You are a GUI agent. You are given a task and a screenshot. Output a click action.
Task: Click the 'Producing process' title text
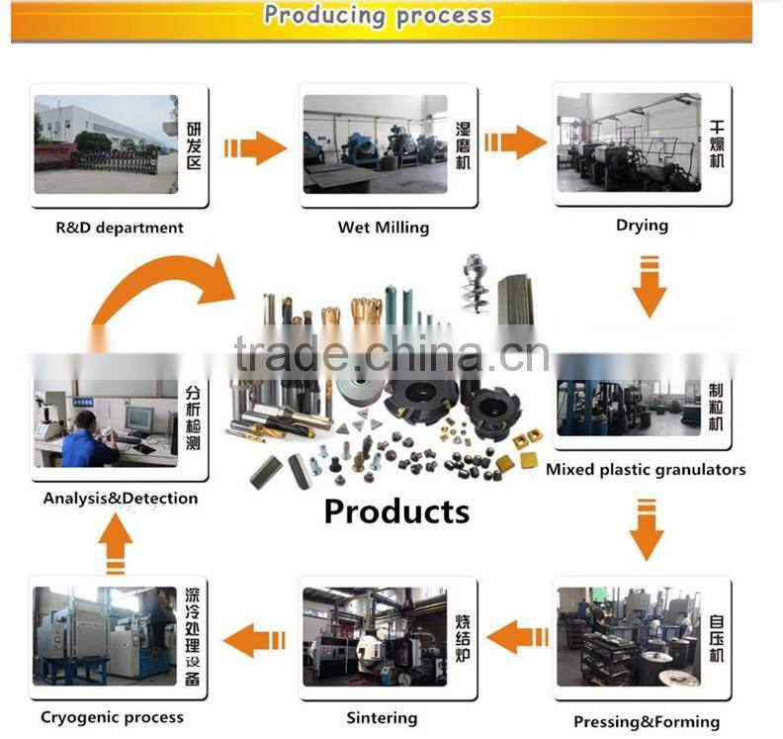click(x=378, y=16)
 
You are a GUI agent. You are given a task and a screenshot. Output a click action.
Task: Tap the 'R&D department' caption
click(x=120, y=228)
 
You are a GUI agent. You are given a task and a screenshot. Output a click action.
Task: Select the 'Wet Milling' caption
click(x=384, y=228)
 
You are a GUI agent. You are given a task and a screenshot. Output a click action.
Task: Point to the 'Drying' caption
click(x=642, y=226)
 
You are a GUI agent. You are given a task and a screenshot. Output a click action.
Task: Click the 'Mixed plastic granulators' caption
click(x=646, y=469)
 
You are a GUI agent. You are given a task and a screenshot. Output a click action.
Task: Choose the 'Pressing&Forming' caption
click(x=648, y=721)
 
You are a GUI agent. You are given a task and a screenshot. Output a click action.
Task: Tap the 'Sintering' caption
click(x=383, y=717)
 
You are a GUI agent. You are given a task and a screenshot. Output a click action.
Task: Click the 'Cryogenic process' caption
click(x=112, y=717)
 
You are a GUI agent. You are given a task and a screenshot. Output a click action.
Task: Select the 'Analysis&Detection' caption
click(x=121, y=499)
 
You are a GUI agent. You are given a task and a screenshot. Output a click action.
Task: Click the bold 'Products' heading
click(x=396, y=511)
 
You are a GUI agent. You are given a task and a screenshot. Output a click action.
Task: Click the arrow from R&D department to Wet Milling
click(x=255, y=148)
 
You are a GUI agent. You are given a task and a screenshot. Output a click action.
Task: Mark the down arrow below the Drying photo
click(x=649, y=287)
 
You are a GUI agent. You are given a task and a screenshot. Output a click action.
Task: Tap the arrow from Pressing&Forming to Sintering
click(x=517, y=637)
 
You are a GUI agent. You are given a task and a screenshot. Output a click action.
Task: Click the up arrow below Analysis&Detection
click(x=116, y=545)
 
